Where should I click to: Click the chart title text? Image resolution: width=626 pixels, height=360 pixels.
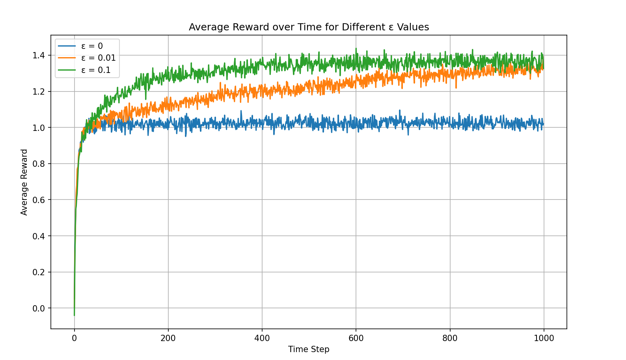309,27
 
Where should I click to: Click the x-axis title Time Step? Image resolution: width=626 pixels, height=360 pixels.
309,349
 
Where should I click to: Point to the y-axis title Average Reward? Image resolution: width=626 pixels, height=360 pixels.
24,182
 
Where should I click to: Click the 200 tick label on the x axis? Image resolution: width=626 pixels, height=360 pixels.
168,338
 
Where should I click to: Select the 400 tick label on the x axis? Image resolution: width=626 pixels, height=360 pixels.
262,338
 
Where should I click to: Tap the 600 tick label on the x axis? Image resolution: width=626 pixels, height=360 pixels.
356,338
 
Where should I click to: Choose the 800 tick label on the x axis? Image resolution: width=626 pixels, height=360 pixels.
450,338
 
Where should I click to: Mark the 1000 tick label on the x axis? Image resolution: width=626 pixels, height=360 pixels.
544,338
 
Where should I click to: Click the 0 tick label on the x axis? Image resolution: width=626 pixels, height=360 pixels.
75,338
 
